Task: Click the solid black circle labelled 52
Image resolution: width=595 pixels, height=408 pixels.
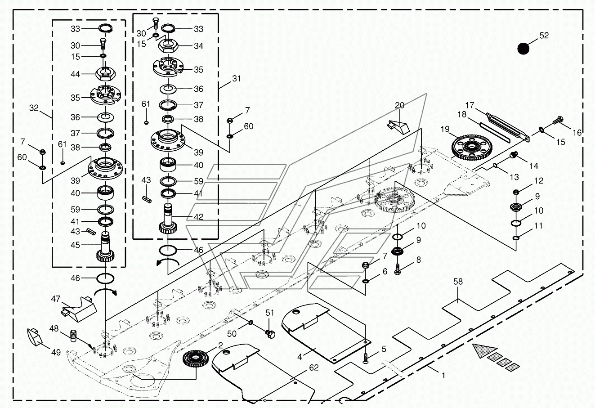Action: coord(523,48)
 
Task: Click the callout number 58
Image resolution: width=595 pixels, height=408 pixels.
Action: coord(458,282)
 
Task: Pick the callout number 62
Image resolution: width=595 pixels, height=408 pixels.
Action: coord(313,368)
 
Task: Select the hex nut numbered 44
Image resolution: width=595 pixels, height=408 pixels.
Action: coord(106,72)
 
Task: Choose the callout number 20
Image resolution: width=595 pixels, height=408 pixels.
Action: coord(399,105)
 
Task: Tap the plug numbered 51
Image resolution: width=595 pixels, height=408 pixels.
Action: coord(270,333)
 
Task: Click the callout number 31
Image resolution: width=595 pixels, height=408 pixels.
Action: coord(237,79)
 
